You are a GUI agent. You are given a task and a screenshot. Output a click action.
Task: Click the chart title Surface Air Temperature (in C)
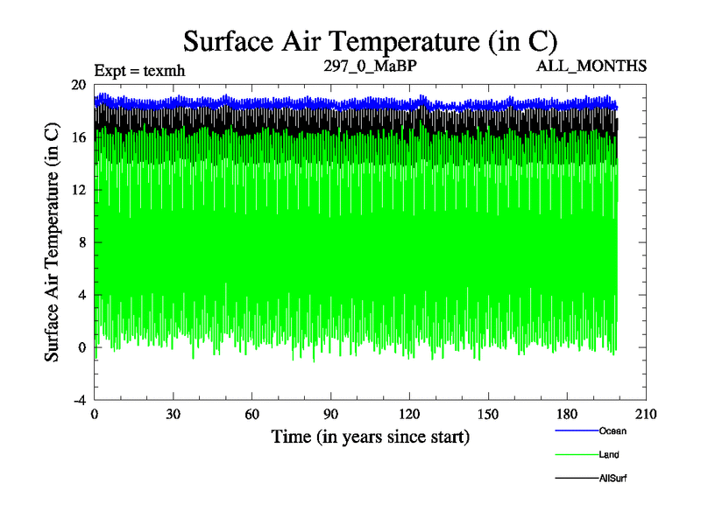point(370,40)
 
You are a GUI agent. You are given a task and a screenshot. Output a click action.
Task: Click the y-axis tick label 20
point(78,85)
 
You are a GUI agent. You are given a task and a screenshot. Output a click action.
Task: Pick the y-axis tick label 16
point(78,137)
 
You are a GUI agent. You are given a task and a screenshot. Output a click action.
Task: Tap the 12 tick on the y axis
point(78,190)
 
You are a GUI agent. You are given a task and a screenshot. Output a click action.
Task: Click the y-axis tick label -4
point(78,400)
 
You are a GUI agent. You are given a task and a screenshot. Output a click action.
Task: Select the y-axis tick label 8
point(81,242)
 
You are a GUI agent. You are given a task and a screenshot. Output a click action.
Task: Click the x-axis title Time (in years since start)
point(370,436)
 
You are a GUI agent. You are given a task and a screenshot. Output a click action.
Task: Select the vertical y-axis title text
point(53,242)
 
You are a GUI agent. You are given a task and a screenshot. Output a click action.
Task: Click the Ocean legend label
point(612,431)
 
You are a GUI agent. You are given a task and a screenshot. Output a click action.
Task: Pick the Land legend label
point(610,455)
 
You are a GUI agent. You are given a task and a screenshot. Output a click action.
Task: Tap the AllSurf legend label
point(613,479)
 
